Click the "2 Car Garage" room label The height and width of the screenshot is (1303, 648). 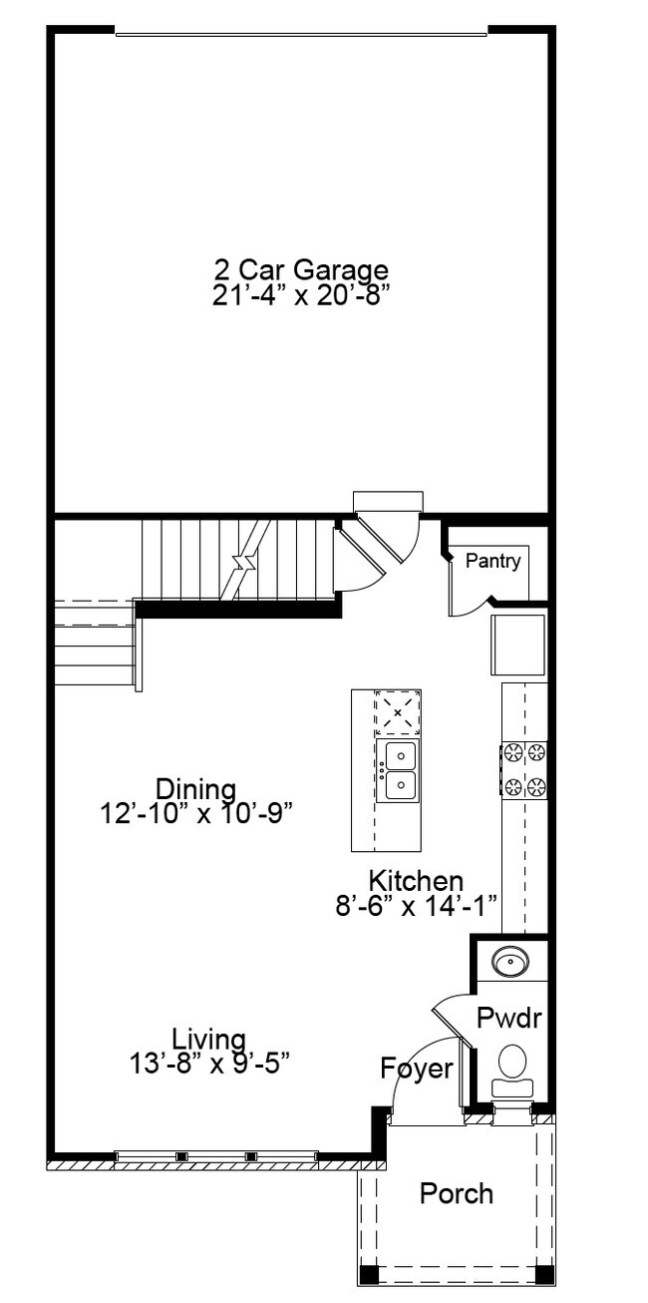[300, 269]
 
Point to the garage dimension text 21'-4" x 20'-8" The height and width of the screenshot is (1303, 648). [300, 296]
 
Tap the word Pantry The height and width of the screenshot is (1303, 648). [492, 562]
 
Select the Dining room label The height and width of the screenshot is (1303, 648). [195, 789]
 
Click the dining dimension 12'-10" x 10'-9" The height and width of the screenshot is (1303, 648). [195, 813]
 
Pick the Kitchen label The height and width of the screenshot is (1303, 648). [416, 881]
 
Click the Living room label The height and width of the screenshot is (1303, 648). [208, 1039]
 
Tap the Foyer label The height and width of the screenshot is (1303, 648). [417, 1069]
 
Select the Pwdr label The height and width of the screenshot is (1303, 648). [507, 1018]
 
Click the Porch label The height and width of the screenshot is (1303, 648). [456, 1193]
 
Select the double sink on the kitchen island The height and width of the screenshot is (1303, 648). [398, 769]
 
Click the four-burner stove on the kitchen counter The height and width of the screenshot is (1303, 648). [524, 768]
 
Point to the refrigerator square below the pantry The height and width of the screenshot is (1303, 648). [516, 645]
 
